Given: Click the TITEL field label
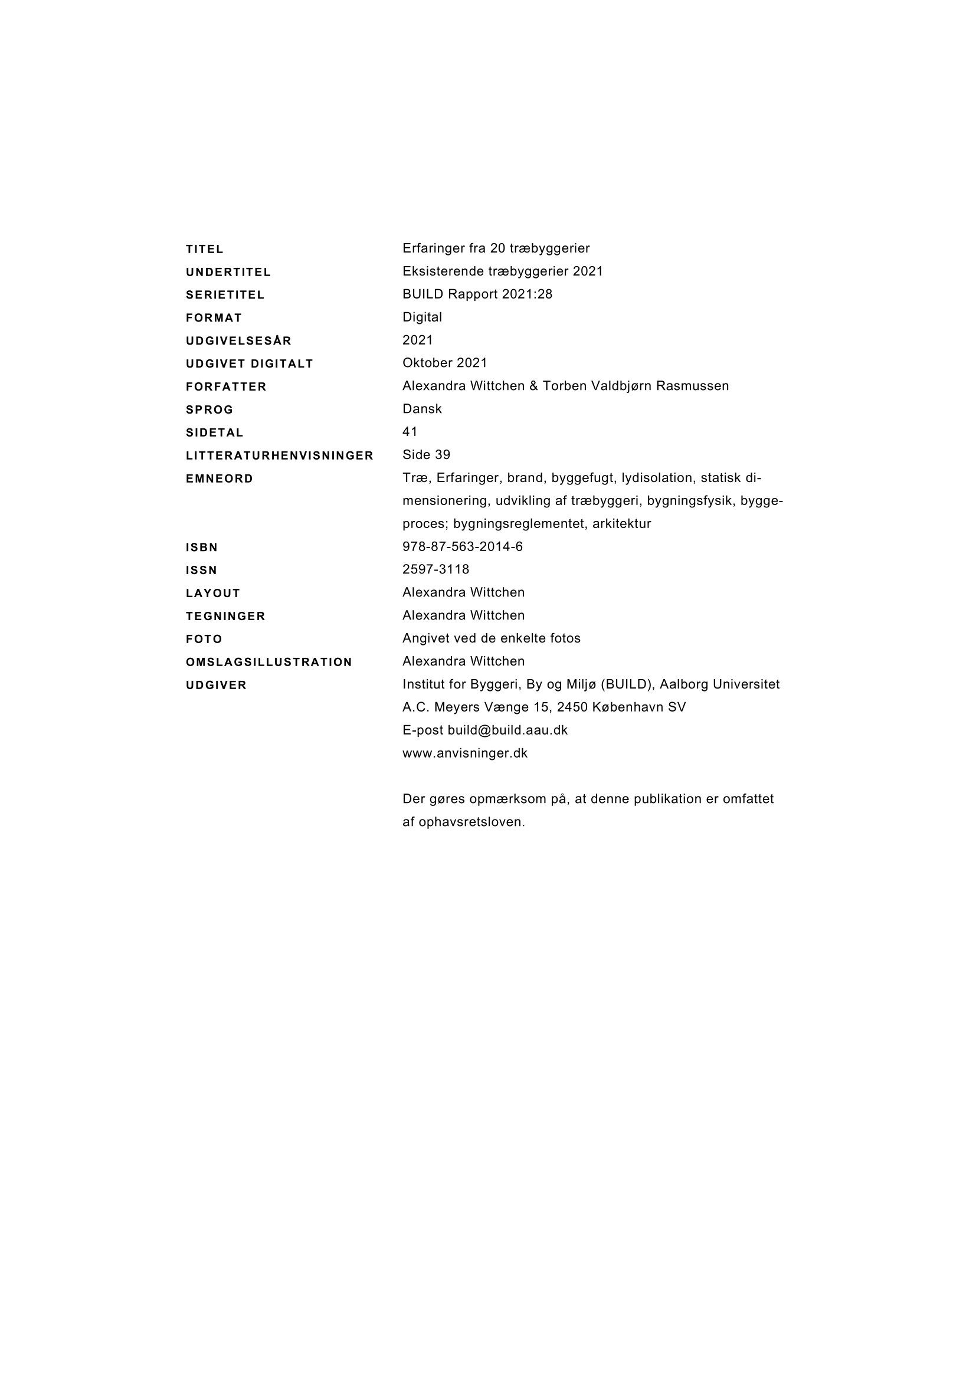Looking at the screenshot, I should point(204,249).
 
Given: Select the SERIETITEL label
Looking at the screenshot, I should point(225,295).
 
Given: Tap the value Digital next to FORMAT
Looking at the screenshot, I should point(422,317).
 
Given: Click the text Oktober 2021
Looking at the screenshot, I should point(445,363).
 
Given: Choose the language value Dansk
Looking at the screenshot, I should point(422,409).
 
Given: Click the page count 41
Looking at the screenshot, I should point(410,431).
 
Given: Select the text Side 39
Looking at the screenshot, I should point(426,455).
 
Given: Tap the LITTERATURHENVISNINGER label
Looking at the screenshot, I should point(280,455).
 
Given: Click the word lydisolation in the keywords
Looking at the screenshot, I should point(658,478).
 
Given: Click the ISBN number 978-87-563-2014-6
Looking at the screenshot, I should point(462,546).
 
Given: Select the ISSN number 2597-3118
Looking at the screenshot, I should point(435,569).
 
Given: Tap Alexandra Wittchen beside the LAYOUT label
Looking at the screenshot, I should point(463,592).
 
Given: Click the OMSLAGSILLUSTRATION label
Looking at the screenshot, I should point(268,663).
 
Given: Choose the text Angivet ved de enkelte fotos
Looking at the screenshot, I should point(491,638).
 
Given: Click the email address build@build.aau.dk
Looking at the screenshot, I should point(507,730).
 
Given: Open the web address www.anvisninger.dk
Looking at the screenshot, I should point(464,753).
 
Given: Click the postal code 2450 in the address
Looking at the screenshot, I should point(572,707).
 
